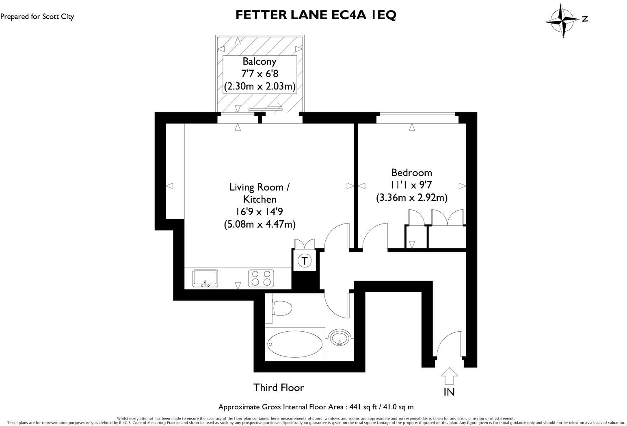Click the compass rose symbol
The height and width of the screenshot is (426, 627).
562,20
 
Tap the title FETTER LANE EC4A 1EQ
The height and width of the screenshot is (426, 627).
316,15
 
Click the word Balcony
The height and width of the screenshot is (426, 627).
259,61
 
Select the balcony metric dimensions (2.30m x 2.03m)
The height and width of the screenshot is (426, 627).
259,86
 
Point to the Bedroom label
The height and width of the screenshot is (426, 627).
411,172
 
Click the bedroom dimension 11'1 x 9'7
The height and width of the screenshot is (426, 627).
411,185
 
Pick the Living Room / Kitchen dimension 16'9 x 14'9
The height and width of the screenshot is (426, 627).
259,211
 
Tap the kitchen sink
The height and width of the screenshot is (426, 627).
205,278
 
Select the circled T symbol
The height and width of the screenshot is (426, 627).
305,260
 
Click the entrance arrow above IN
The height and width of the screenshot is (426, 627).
449,376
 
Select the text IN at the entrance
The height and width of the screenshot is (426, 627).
449,392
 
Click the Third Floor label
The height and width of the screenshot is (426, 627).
279,387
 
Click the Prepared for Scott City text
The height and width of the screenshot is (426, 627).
37,17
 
